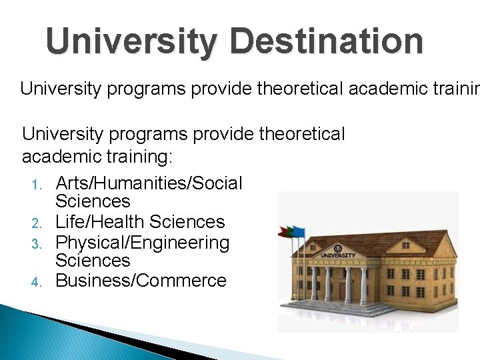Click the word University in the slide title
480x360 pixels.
pyautogui.click(x=131, y=41)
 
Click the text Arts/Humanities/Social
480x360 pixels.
pyautogui.click(x=149, y=183)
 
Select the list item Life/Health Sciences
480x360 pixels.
pyautogui.click(x=140, y=222)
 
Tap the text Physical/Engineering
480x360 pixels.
pyautogui.click(x=142, y=243)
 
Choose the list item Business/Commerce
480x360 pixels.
pyautogui.click(x=141, y=281)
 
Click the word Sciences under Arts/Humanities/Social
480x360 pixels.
pyautogui.click(x=93, y=201)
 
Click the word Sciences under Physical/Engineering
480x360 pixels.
pyautogui.click(x=93, y=261)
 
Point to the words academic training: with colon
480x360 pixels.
pyautogui.click(x=97, y=157)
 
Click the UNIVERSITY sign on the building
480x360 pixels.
pyautogui.click(x=337, y=255)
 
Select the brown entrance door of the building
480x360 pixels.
pyautogui.click(x=342, y=290)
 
